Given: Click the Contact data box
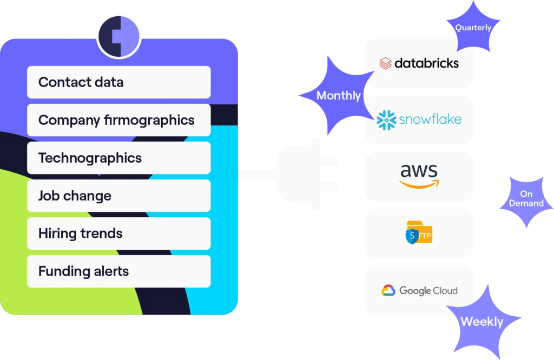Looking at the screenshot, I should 118,82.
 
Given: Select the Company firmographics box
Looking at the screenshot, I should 118,120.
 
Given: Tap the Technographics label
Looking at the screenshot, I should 90,158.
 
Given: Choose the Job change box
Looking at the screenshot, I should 118,196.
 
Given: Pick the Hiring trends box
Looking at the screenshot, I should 118,234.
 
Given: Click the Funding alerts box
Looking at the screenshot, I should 118,271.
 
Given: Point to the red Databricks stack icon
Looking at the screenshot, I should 385,63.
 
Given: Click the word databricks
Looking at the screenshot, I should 426,63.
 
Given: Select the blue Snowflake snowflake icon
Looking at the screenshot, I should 386,119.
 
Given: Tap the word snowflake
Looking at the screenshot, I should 430,119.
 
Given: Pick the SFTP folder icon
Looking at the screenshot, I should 419,232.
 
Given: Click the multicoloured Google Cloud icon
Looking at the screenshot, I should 388,291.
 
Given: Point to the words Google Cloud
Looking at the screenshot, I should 428,291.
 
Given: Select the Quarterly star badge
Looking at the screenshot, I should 473,28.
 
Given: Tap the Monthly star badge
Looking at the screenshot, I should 338,96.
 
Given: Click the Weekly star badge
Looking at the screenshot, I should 482,322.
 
